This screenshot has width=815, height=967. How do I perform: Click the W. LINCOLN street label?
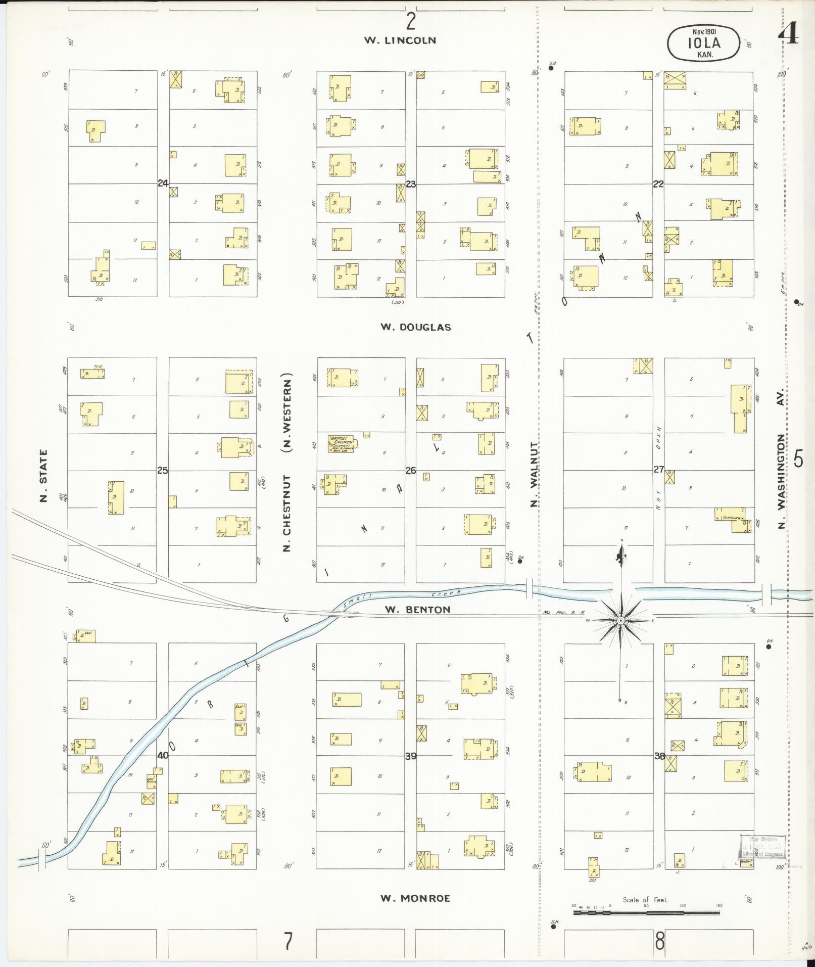coord(400,40)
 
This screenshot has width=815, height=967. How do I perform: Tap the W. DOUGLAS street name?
coord(415,327)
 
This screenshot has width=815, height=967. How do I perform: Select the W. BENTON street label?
coord(417,610)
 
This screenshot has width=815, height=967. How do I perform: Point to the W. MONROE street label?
coord(415,898)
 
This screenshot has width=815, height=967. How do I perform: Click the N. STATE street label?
coord(44,476)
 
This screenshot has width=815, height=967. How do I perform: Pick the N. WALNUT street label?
coord(534,474)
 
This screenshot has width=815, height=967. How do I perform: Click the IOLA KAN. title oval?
coord(703,43)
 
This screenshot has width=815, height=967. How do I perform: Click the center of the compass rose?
coord(621,620)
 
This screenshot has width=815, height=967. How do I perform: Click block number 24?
coord(163,183)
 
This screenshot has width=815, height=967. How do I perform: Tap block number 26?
coord(411,471)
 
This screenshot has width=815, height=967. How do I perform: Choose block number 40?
coord(163,757)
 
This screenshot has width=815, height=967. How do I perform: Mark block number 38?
coord(659,757)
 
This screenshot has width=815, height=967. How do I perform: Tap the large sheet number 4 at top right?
coord(789,34)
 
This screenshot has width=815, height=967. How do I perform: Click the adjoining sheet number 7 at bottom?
coord(287,941)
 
